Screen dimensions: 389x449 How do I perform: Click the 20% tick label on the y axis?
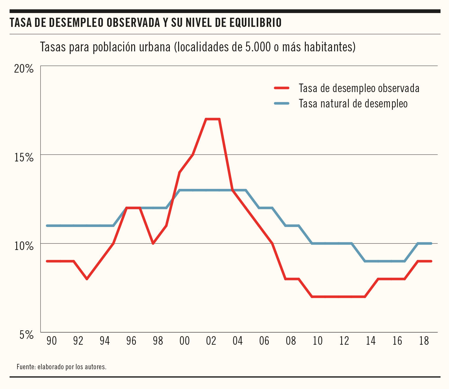[24, 69]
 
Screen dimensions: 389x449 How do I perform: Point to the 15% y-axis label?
[24, 158]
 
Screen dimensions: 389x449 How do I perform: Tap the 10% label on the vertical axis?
[24, 246]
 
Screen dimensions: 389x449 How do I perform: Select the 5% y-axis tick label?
[27, 335]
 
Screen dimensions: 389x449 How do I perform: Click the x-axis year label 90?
[51, 341]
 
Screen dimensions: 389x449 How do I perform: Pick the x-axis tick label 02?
[211, 341]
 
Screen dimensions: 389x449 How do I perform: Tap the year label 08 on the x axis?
[291, 341]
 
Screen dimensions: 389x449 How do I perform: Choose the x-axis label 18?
[424, 341]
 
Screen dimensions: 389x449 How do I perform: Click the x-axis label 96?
[131, 341]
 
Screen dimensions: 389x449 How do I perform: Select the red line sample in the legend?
[282, 88]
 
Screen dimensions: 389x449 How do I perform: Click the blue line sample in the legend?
[282, 103]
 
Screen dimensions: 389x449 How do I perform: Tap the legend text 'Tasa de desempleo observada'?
[359, 88]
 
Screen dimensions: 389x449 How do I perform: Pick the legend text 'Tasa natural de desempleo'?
[353, 104]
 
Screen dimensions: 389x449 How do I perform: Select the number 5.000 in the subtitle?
[258, 47]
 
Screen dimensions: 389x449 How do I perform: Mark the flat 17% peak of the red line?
[213, 119]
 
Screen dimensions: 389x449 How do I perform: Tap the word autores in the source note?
[95, 367]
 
